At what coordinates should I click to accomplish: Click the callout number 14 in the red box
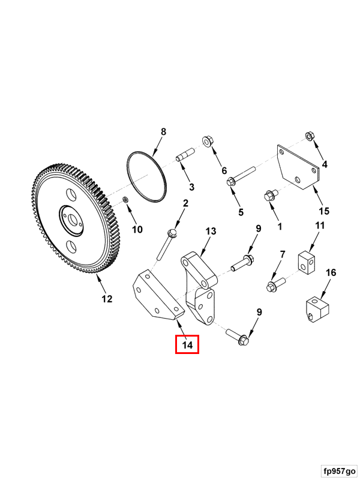pos(187,345)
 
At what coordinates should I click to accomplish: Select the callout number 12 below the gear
pos(107,299)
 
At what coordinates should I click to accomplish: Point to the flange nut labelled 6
pos(208,142)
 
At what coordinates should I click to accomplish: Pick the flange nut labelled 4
pos(310,136)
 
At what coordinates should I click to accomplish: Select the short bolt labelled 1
pos(271,195)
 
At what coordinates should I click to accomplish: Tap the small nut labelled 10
pos(125,200)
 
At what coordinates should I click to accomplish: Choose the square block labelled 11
pos(306,262)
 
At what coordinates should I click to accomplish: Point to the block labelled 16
pos(317,310)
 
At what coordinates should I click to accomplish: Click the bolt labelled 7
pos(277,284)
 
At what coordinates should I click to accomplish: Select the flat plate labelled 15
pos(298,167)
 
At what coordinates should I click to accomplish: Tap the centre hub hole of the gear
pos(72,220)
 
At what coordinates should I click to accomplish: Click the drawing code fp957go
pos(340,470)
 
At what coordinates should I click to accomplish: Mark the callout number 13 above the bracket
pos(211,231)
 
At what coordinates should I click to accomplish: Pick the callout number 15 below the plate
pos(324,211)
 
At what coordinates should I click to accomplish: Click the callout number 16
pos(331,272)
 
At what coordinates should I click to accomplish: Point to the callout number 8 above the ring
pos(163,131)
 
